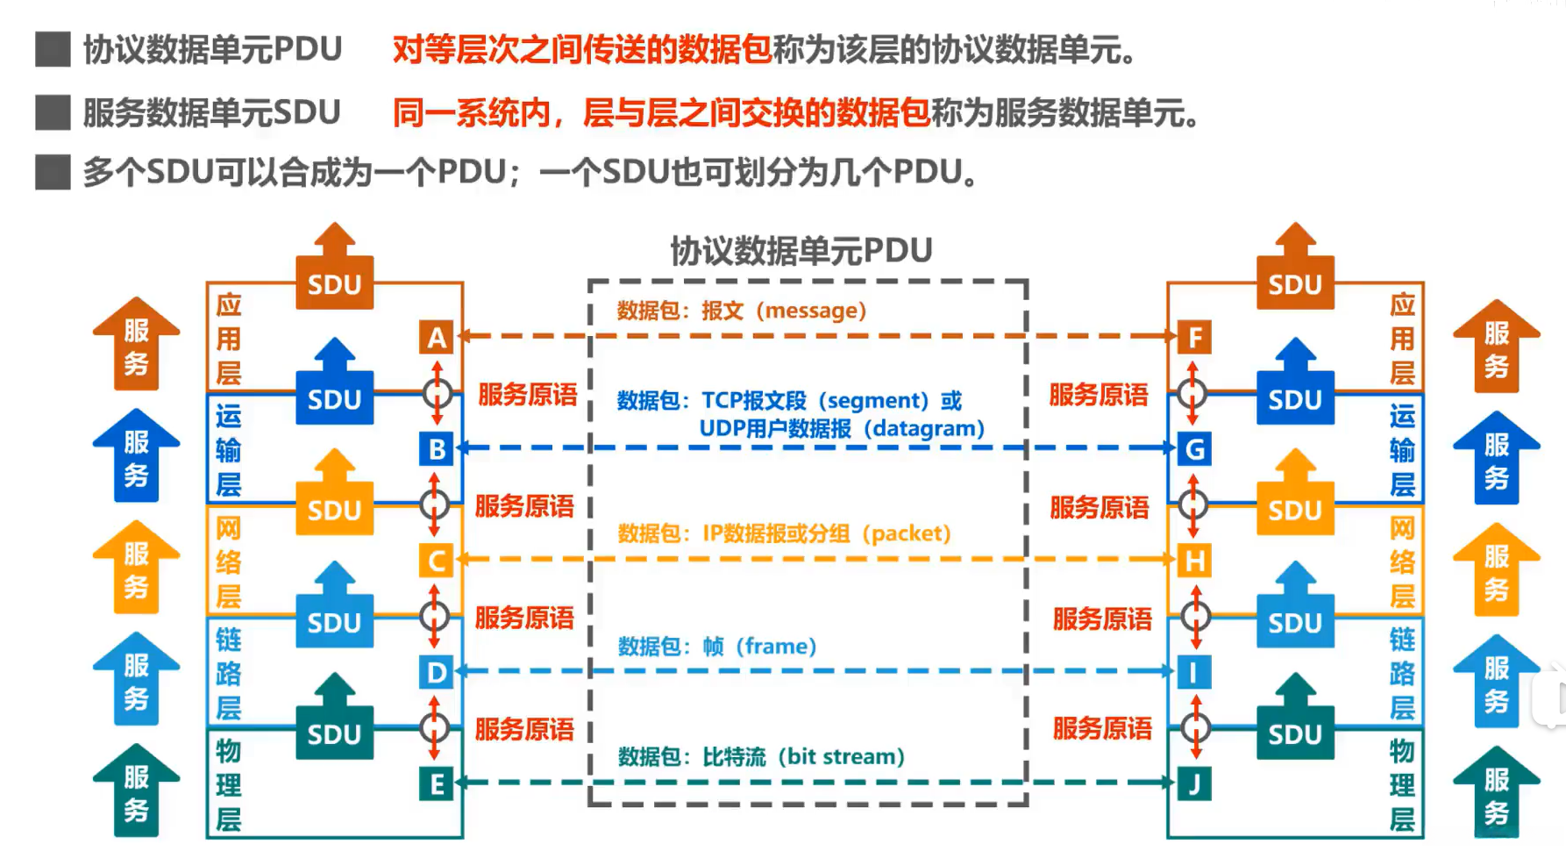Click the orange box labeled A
click(437, 338)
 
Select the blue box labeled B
click(437, 449)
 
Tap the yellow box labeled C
click(437, 561)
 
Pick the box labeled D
click(437, 673)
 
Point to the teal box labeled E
click(437, 784)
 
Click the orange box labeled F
click(1194, 338)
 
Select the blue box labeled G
click(1194, 449)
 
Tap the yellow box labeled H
click(1194, 561)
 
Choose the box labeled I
click(1194, 673)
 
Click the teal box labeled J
click(1194, 784)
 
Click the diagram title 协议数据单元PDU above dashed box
click(801, 251)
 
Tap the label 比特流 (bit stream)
click(803, 756)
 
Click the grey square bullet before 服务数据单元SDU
click(53, 113)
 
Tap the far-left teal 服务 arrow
click(136, 790)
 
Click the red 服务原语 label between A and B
click(528, 395)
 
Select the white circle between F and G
click(1192, 393)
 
